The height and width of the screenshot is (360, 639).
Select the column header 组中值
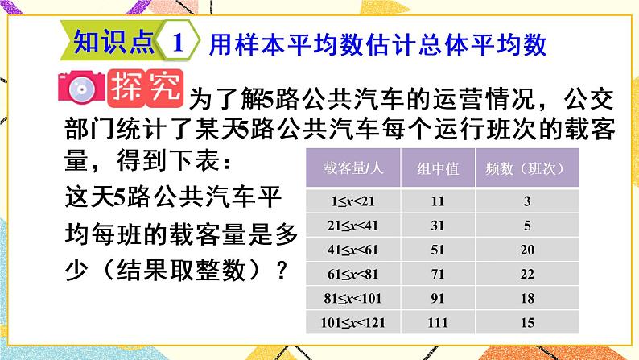click(x=439, y=169)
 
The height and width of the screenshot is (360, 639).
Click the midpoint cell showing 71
click(x=439, y=275)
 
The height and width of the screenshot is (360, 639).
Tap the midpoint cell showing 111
click(x=439, y=324)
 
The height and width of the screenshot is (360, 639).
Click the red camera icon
click(x=80, y=89)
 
